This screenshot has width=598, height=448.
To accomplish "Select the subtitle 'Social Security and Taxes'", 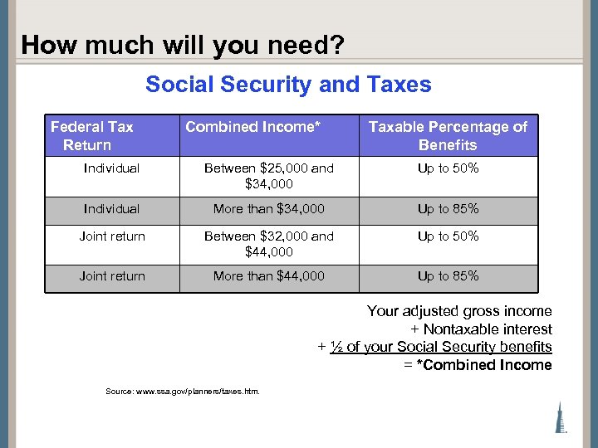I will [x=288, y=85].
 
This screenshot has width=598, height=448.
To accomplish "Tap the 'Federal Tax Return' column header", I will [x=91, y=136].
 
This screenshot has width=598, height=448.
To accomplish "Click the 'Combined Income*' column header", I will [x=252, y=127].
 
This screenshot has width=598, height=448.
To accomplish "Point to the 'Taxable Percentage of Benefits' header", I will [x=448, y=136].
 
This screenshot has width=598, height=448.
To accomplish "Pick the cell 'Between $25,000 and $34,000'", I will [x=269, y=176].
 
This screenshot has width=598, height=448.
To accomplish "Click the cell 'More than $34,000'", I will [x=269, y=209].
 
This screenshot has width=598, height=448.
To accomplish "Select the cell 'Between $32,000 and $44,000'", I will [x=269, y=244].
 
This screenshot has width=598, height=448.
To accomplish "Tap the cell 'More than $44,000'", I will [x=269, y=276].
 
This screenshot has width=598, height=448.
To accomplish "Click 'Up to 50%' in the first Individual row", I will [x=448, y=168].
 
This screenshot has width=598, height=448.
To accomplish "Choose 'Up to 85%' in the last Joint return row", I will [x=448, y=276].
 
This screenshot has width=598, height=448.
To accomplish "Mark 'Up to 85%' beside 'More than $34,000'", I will [x=448, y=209].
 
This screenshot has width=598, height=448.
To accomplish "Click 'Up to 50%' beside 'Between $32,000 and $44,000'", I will [x=448, y=236].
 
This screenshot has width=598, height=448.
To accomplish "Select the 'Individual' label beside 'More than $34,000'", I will [x=111, y=209].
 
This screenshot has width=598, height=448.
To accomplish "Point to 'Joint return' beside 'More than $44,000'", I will [x=111, y=276].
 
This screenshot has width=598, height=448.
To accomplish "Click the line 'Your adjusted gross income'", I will [x=459, y=311].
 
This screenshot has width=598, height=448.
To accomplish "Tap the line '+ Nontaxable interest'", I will [x=481, y=329].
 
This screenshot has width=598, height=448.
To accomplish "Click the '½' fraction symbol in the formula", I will [x=336, y=347].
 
